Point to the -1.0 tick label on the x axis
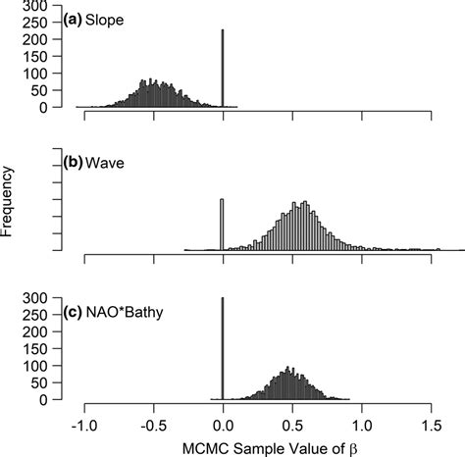[x=84, y=428]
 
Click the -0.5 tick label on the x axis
[x=153, y=428]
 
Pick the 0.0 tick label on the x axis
[x=224, y=428]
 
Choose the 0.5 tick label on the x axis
[x=292, y=428]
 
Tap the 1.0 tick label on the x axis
[x=362, y=428]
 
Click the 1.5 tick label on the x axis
[x=431, y=428]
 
